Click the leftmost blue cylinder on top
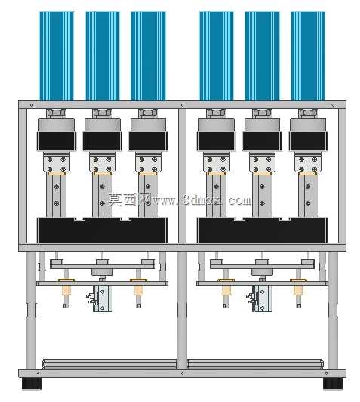(57, 56)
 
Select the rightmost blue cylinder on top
(308, 56)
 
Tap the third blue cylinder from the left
(148, 56)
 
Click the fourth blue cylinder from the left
(217, 56)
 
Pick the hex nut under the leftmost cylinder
(57, 113)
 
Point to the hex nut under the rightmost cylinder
(308, 113)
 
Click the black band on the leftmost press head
(57, 141)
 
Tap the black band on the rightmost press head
(308, 141)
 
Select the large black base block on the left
(103, 230)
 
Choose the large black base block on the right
(262, 230)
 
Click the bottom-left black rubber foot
(31, 383)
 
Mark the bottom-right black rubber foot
(333, 383)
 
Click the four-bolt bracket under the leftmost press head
(57, 162)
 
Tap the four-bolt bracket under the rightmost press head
(308, 162)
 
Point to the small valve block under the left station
(102, 298)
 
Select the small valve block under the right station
(262, 298)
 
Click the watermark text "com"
(240, 200)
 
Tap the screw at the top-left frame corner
(32, 105)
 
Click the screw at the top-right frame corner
(333, 105)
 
